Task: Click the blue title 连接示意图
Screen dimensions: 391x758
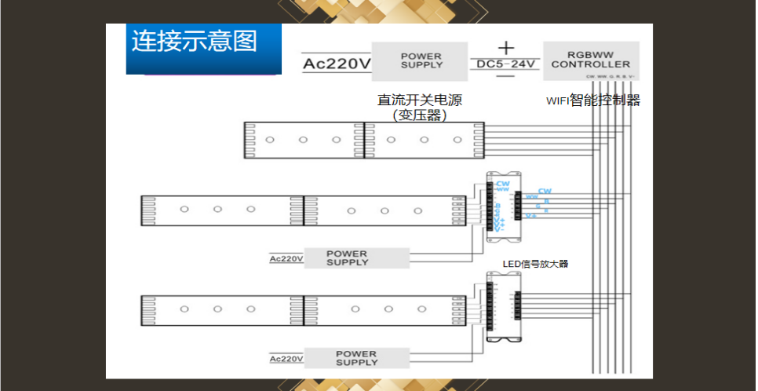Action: (x=194, y=41)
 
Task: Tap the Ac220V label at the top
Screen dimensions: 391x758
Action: (x=337, y=63)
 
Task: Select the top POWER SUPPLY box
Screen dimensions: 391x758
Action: (x=421, y=60)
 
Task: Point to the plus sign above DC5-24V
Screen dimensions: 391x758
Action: (x=505, y=47)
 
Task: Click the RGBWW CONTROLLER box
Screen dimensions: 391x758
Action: (x=589, y=60)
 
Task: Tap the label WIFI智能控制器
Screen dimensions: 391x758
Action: (x=593, y=100)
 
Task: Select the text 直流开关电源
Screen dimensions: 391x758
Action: (x=420, y=100)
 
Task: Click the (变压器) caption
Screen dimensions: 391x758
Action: (x=420, y=115)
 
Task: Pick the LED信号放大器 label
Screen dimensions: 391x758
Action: (x=535, y=264)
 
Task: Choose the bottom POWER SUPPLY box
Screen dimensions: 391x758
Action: (x=356, y=358)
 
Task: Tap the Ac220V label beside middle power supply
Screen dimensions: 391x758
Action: (x=286, y=258)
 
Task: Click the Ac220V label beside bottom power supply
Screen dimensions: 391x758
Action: (x=286, y=359)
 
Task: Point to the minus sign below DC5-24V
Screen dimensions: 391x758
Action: (x=505, y=76)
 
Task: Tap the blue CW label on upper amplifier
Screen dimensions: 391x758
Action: (x=502, y=184)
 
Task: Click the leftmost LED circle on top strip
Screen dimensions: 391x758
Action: (x=269, y=140)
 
